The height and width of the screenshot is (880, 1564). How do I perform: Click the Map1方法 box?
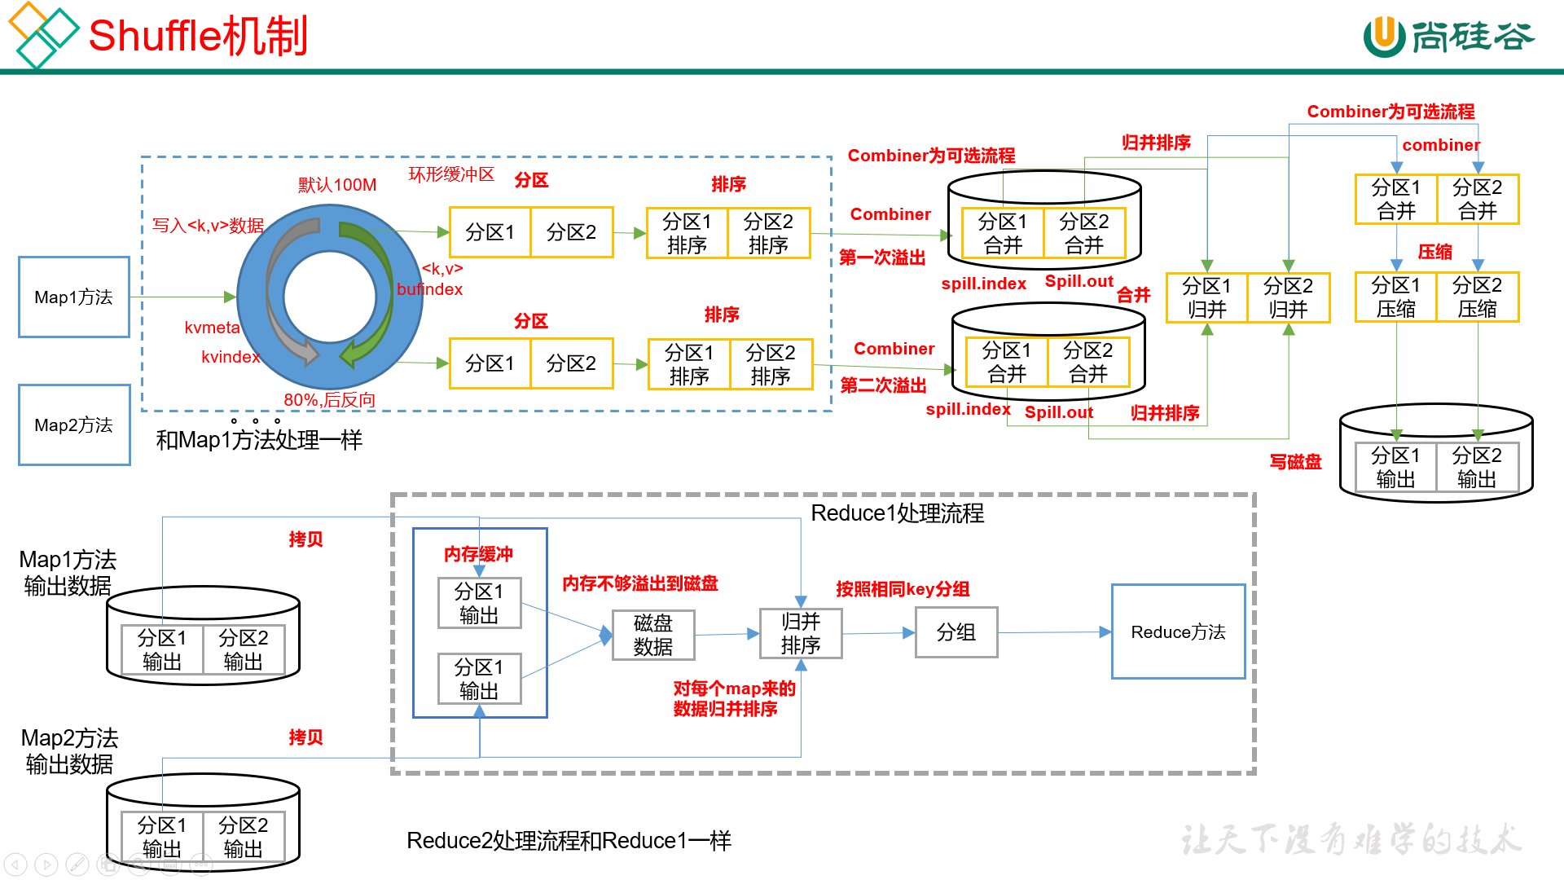coord(74,297)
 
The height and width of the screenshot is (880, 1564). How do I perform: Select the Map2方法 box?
coord(74,425)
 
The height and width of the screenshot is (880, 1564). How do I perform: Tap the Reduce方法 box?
coord(1178,632)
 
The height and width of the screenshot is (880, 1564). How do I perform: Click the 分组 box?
coord(956,632)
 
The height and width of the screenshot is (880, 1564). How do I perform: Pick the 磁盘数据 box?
coord(653,635)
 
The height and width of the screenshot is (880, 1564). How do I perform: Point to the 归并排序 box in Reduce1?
coord(801,633)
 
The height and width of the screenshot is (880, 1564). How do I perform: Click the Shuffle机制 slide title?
coord(198,37)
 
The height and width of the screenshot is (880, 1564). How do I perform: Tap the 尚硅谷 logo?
coord(1448,37)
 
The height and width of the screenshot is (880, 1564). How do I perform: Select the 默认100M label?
coord(337,185)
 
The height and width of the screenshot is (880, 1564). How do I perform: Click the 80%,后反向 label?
coord(329,400)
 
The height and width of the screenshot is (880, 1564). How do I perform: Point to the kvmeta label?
coord(212,328)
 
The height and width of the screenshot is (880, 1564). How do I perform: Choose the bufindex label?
coord(429,289)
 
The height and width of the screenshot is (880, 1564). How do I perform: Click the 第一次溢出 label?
coord(882,258)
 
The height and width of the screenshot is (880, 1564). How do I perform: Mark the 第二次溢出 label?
coord(883,385)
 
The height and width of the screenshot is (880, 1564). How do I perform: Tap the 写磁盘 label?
coord(1295,462)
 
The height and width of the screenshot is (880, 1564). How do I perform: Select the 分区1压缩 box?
coord(1396,297)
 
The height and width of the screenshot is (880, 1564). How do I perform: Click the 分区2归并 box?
coord(1289,298)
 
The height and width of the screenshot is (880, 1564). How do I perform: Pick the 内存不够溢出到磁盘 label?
coord(640,583)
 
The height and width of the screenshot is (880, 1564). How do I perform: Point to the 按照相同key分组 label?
coord(903,589)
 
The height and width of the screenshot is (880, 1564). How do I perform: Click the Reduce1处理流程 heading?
coord(898,513)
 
